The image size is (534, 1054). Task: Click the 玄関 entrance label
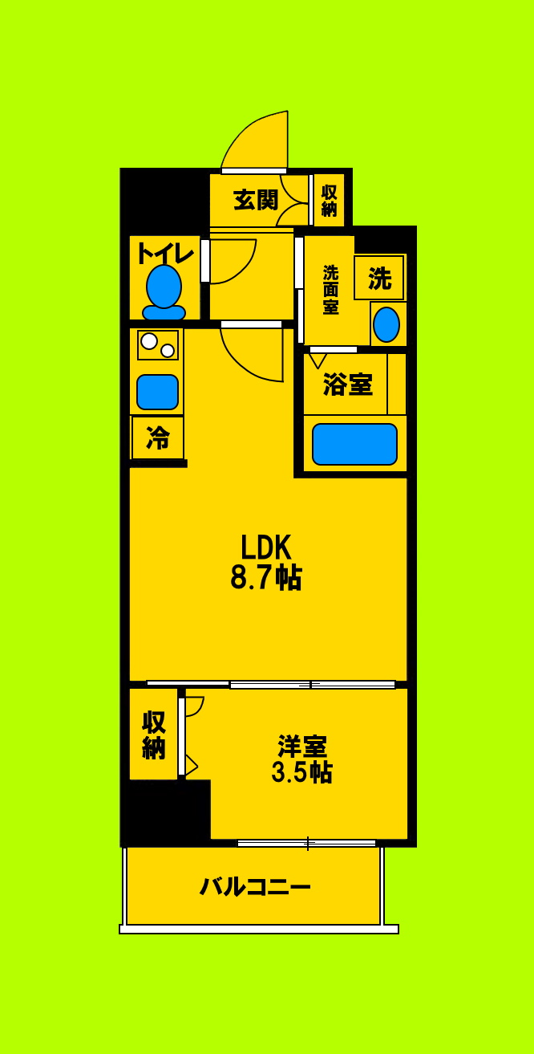tap(256, 200)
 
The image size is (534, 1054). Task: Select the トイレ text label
tap(164, 253)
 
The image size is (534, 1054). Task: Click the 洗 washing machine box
tap(379, 279)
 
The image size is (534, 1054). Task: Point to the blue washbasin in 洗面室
tap(386, 324)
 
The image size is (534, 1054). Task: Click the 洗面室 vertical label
tap(330, 289)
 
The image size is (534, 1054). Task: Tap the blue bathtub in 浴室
tap(354, 444)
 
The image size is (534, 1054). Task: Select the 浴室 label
tap(347, 385)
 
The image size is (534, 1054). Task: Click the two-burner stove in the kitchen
tap(157, 344)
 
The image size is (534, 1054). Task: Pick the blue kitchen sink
tap(157, 392)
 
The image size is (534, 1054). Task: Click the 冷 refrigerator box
tap(158, 438)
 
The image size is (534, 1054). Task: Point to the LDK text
tap(265, 547)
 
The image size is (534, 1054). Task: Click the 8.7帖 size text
tap(265, 578)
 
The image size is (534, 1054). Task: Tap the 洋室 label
tap(301, 746)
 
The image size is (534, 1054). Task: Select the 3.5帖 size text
tap(301, 772)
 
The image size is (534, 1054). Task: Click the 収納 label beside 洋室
tap(153, 734)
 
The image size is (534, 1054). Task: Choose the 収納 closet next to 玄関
tap(329, 200)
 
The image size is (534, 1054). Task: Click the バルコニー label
tap(255, 887)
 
